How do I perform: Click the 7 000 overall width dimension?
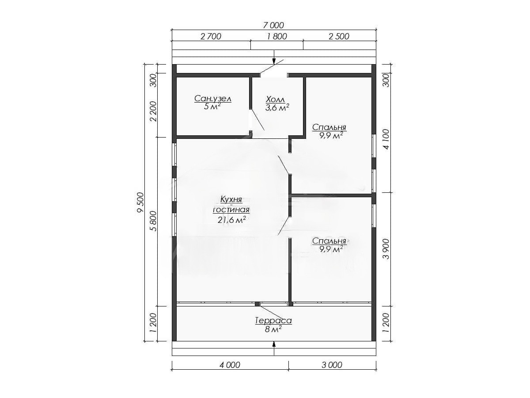(274, 25)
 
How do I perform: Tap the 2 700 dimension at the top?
(211, 37)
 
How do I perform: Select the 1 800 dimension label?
(277, 37)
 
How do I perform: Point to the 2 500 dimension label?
(339, 37)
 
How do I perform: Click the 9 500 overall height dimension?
(140, 202)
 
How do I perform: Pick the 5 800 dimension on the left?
(153, 221)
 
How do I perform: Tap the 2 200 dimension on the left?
(153, 111)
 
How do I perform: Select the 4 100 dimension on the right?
(386, 139)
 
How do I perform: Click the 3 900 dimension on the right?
(386, 249)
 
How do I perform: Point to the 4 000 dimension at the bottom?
(230, 365)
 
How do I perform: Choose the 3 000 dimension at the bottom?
(332, 365)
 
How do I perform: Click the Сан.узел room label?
(213, 99)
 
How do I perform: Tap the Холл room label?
(276, 99)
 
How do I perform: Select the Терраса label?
(273, 321)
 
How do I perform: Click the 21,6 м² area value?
(232, 220)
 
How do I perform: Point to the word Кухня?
(231, 199)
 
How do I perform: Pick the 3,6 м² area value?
(277, 107)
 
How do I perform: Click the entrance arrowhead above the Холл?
(274, 61)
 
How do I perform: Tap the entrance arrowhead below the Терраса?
(274, 344)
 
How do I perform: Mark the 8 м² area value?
(273, 329)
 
